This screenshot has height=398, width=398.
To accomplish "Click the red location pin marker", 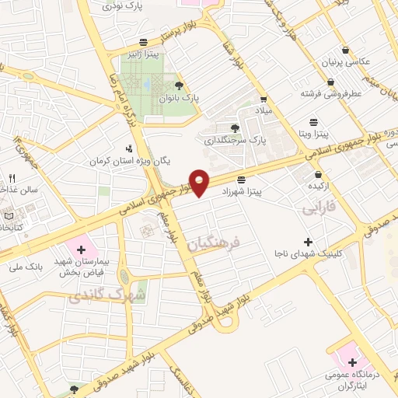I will tap(200, 181).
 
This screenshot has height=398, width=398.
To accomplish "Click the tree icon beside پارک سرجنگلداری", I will tap(236, 127).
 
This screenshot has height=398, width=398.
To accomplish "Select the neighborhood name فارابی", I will tap(318, 208).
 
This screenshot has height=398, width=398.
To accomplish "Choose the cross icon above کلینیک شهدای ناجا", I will tap(309, 242).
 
